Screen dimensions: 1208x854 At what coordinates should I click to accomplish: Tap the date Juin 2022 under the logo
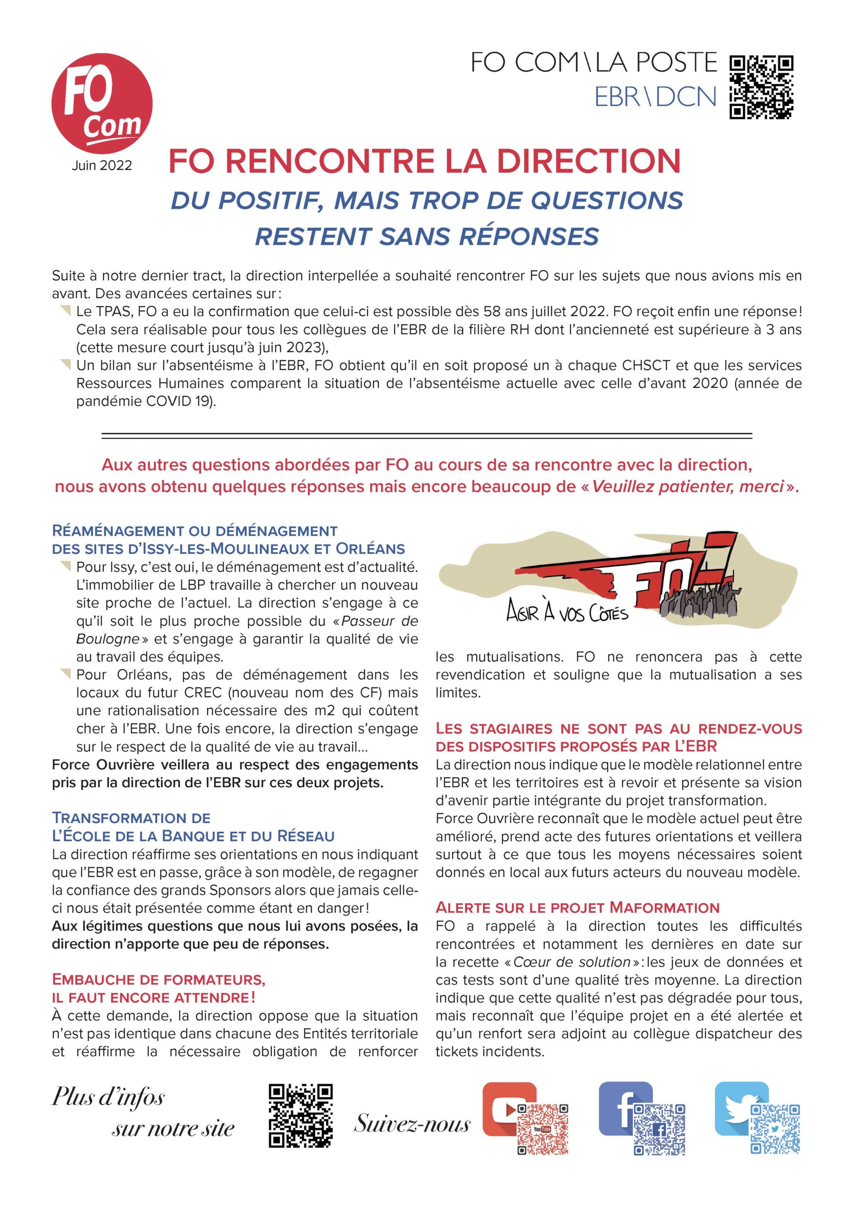[x=101, y=165]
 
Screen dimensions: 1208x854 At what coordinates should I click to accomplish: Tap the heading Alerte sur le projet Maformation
[x=577, y=907]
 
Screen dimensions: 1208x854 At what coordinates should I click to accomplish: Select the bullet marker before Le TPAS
[x=65, y=311]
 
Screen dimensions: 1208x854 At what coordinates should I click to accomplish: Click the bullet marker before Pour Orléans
[x=65, y=674]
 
